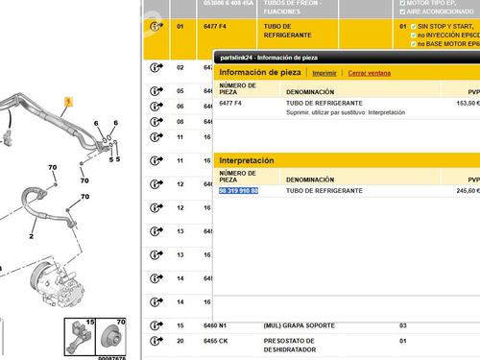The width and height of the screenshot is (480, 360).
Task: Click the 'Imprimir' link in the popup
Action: click(x=324, y=72)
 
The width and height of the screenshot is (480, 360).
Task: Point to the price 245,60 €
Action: click(x=464, y=191)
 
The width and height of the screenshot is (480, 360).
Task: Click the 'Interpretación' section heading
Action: click(x=247, y=160)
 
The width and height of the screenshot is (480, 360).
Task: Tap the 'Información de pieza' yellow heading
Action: click(x=261, y=72)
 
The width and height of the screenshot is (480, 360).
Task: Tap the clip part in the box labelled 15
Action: click(x=77, y=340)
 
